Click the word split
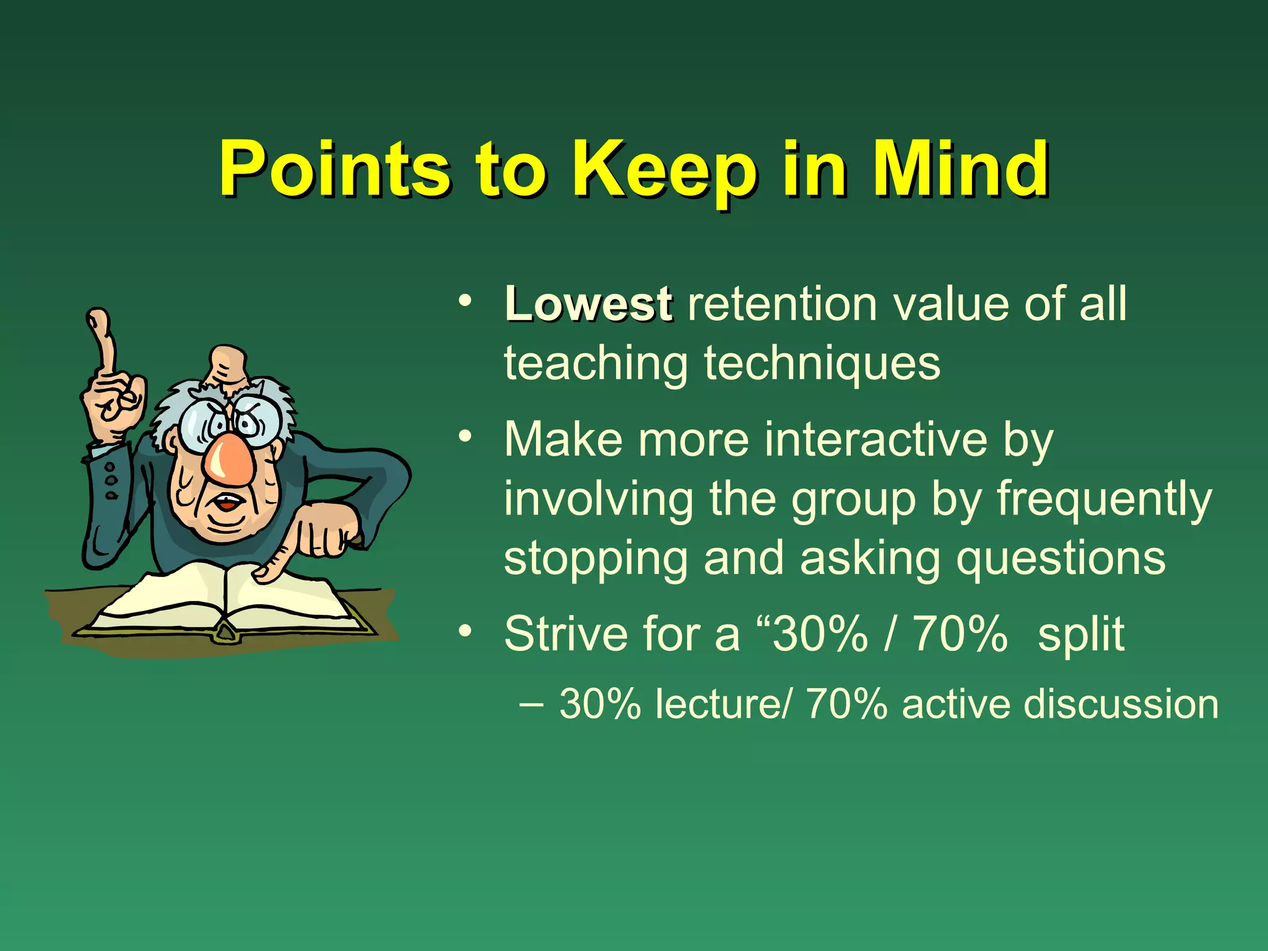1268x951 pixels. pos(1080,634)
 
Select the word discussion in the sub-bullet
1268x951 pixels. pos(1121,705)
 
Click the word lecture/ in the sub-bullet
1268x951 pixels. pos(722,705)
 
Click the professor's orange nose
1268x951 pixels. pos(230,461)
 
